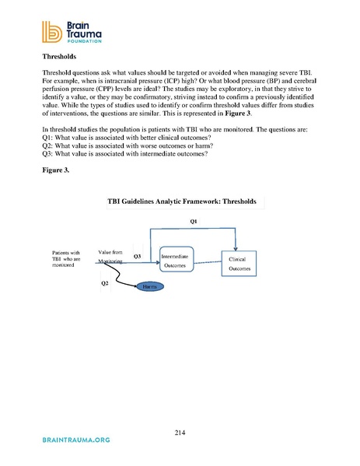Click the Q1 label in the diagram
click(194, 222)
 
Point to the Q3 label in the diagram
click(136, 254)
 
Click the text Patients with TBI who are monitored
click(65, 258)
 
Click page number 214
click(180, 432)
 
